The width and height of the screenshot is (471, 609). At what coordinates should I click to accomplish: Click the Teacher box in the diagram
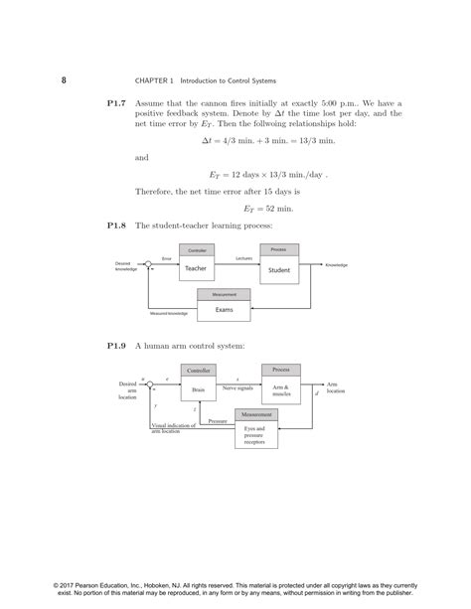point(196,268)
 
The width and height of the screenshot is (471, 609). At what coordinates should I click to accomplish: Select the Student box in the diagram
point(279,269)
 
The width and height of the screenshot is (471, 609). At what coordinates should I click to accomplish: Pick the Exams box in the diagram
point(224,309)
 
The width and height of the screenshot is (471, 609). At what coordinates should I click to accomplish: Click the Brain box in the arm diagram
point(198,390)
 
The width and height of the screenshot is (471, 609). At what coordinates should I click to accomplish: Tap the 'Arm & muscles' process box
point(281,390)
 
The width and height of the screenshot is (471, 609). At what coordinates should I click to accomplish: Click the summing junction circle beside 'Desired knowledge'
point(148,264)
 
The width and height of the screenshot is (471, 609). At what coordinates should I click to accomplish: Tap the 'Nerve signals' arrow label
point(237,388)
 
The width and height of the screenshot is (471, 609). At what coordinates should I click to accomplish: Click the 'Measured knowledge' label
point(169,314)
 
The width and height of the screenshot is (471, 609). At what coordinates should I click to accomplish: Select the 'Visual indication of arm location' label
point(173,428)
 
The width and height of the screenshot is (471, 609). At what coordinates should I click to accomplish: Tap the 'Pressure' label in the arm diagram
point(218,421)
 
